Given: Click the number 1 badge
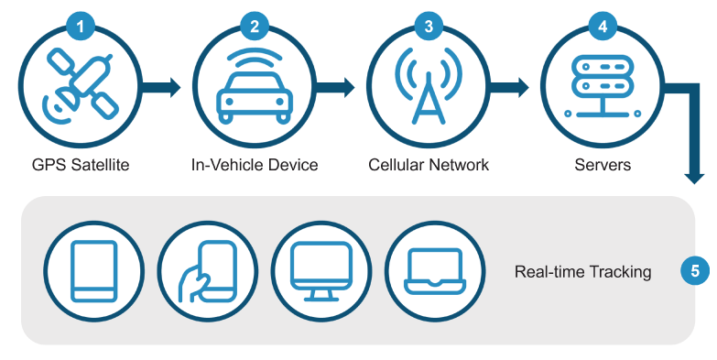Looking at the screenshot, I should click(81, 27).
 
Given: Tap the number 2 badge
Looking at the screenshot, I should click(254, 27).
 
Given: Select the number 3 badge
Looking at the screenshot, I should click(429, 27).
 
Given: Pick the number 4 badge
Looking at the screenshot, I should click(602, 27).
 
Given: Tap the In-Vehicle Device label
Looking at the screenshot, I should click(255, 165).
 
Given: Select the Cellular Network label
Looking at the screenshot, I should click(429, 165).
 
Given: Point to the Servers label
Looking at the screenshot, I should click(602, 165).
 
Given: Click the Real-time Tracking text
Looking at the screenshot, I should click(582, 272).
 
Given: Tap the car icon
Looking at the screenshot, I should click(255, 92).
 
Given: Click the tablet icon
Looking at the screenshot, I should click(95, 271).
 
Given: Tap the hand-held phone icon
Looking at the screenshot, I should click(208, 271).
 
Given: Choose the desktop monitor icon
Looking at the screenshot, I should click(320, 271).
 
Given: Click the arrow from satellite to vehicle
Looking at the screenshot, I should click(166, 88).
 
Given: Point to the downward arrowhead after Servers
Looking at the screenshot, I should click(695, 173).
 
